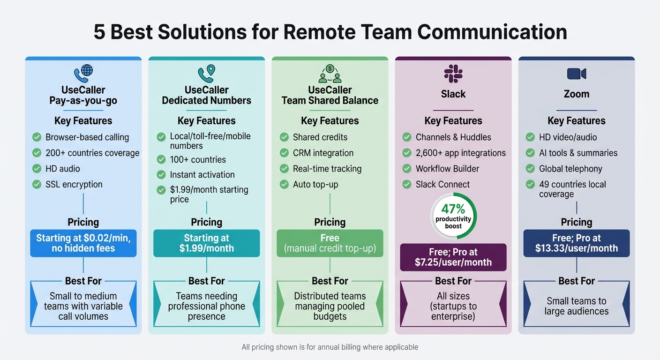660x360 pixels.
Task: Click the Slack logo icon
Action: [x=453, y=74]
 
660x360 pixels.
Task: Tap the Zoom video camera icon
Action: [x=576, y=74]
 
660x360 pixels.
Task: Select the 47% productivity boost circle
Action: [x=453, y=216]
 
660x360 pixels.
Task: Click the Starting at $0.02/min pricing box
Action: [x=83, y=243]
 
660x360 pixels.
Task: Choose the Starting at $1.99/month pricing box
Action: [x=206, y=243]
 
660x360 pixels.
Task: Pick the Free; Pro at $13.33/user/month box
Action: [x=576, y=243]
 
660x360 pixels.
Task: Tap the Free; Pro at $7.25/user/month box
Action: [x=453, y=257]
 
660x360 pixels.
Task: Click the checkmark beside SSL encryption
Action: [x=37, y=184]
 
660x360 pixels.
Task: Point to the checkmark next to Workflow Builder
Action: [x=407, y=169]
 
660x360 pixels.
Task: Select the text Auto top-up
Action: [x=315, y=184]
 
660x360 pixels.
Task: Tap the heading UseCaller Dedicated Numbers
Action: [x=206, y=95]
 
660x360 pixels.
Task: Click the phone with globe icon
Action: [x=83, y=74]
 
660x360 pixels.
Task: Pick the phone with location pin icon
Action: [x=206, y=74]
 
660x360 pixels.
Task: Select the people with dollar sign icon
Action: [x=330, y=74]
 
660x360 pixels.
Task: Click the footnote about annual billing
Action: [x=330, y=347]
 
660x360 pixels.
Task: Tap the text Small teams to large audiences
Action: [x=576, y=306]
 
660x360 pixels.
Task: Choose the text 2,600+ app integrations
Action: [x=461, y=153]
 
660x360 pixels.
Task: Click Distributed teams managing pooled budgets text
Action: [x=330, y=306]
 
